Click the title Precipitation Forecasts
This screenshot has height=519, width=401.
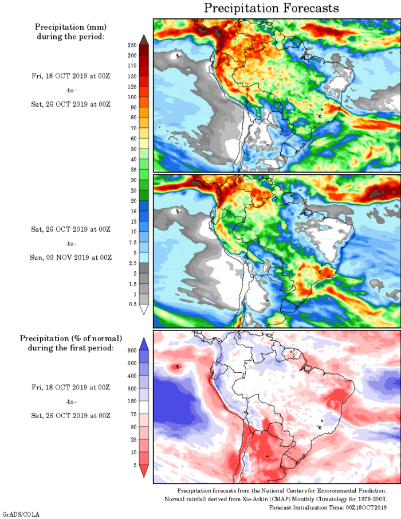272,8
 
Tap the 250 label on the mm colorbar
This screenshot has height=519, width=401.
131,45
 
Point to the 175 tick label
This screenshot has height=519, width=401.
131,65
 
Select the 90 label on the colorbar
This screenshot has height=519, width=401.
132,107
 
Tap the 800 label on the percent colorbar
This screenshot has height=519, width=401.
131,349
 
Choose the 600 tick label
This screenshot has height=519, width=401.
131,362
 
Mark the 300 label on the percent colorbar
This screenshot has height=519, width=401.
131,389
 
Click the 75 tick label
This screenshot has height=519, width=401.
132,415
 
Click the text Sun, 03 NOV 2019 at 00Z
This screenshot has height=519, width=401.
71,257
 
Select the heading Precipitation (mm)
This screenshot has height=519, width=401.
71,27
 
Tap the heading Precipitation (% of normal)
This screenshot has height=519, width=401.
71,338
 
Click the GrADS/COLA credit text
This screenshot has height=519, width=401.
21,514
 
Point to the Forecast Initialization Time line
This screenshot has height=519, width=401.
328,508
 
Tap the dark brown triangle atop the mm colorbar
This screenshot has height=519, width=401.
143,39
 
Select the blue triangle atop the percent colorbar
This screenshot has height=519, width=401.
143,343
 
